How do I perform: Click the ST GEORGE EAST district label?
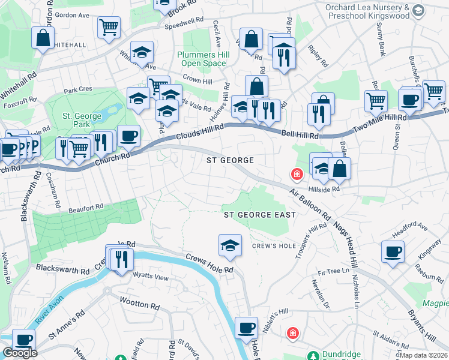(259, 215)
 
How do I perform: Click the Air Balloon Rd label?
(310, 204)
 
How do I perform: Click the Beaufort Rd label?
(85, 208)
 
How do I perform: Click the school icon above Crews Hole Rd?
(230, 245)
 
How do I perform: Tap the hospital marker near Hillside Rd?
(297, 175)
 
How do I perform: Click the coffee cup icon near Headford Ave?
(393, 251)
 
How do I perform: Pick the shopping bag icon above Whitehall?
(44, 38)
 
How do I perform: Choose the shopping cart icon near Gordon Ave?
(109, 26)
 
